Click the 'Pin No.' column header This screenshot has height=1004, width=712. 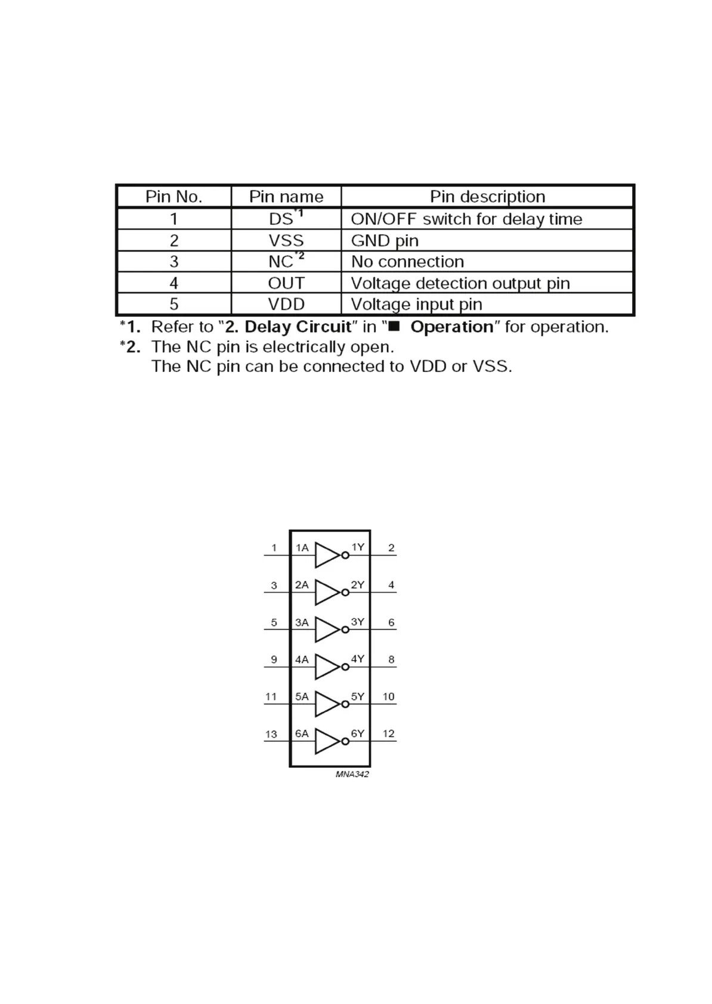click(x=174, y=197)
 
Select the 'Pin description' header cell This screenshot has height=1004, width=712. click(x=487, y=197)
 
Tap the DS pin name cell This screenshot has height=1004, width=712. click(x=282, y=219)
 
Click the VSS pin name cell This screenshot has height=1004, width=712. click(x=286, y=240)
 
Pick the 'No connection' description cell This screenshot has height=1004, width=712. click(x=407, y=262)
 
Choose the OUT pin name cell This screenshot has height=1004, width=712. click(x=286, y=283)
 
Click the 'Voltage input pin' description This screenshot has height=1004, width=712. click(x=416, y=304)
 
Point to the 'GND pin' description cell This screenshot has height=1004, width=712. click(x=385, y=240)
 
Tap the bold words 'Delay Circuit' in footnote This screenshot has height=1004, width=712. click(x=298, y=327)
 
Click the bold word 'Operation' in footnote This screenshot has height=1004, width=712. click(x=452, y=327)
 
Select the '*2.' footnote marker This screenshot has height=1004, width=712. click(x=130, y=346)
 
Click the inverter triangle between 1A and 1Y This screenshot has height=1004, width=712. click(x=326, y=555)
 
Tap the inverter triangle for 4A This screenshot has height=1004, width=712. click(x=326, y=667)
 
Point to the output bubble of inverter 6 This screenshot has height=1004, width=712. click(x=345, y=741)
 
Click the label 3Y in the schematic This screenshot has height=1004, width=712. click(x=357, y=622)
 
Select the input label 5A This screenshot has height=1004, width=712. click(x=302, y=696)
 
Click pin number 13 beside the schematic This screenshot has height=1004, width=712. click(x=271, y=734)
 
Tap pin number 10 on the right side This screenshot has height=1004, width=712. click(x=388, y=696)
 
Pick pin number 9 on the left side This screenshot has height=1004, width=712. click(x=274, y=659)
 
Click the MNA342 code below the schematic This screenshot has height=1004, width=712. click(x=352, y=774)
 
